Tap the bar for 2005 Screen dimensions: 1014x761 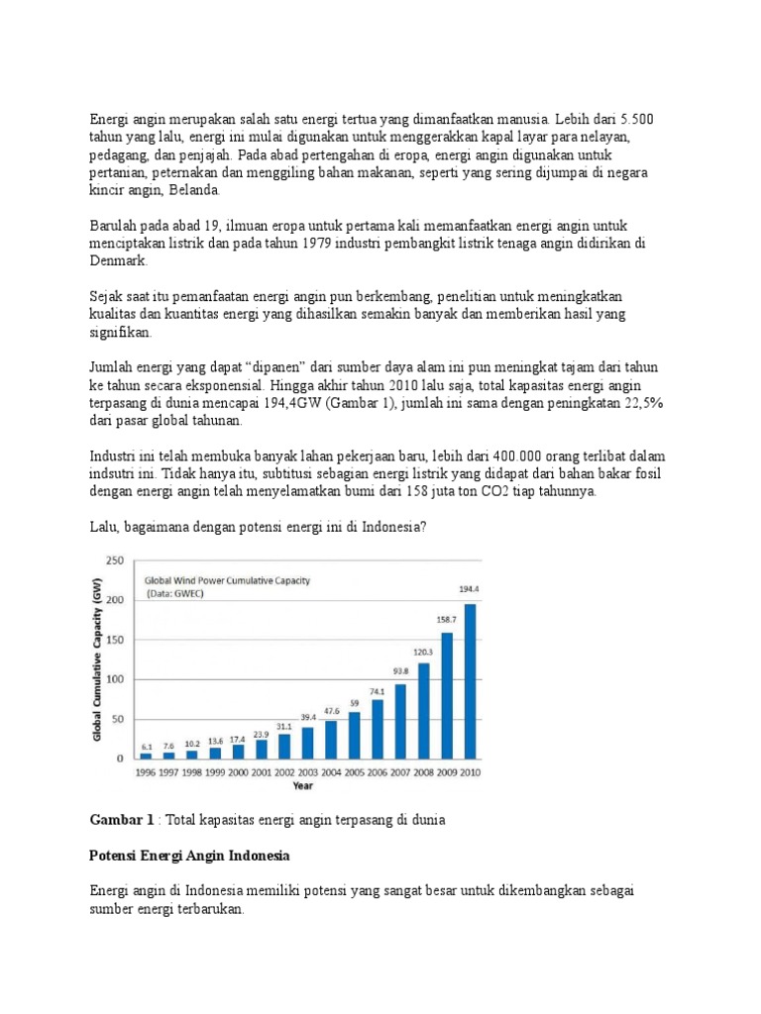(355, 734)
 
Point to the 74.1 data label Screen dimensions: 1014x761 (376, 692)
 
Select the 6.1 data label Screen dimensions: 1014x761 (146, 746)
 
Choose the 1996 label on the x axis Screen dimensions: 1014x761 (146, 772)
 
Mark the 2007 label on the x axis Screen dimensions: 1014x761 (400, 772)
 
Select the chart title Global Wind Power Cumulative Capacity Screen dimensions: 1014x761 (228, 581)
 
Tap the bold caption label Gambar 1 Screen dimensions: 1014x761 (122, 820)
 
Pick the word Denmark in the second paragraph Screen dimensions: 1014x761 (118, 261)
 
